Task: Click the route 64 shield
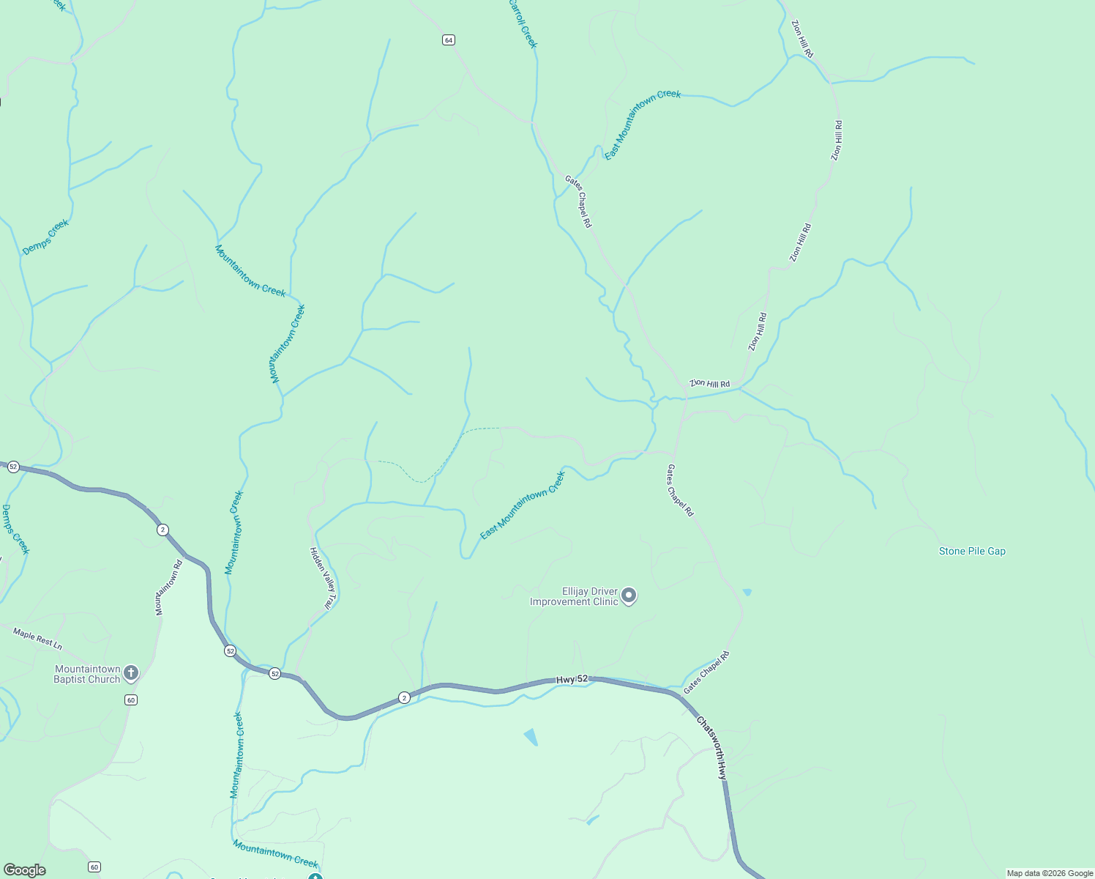click(449, 40)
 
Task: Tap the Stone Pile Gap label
click(972, 551)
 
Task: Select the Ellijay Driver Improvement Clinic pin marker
click(629, 596)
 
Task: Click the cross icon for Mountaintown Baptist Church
click(130, 672)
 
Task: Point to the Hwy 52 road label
click(572, 680)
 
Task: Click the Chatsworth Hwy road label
click(712, 747)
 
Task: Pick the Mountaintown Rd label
click(168, 587)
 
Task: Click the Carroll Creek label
click(523, 24)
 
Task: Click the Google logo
click(25, 870)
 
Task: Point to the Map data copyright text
click(1050, 873)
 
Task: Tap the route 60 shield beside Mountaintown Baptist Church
click(130, 700)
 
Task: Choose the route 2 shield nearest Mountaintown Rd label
click(162, 530)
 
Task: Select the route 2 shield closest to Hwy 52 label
click(404, 697)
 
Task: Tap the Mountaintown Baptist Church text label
click(87, 674)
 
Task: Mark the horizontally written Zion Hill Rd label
click(710, 384)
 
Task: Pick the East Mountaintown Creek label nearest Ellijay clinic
click(523, 505)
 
